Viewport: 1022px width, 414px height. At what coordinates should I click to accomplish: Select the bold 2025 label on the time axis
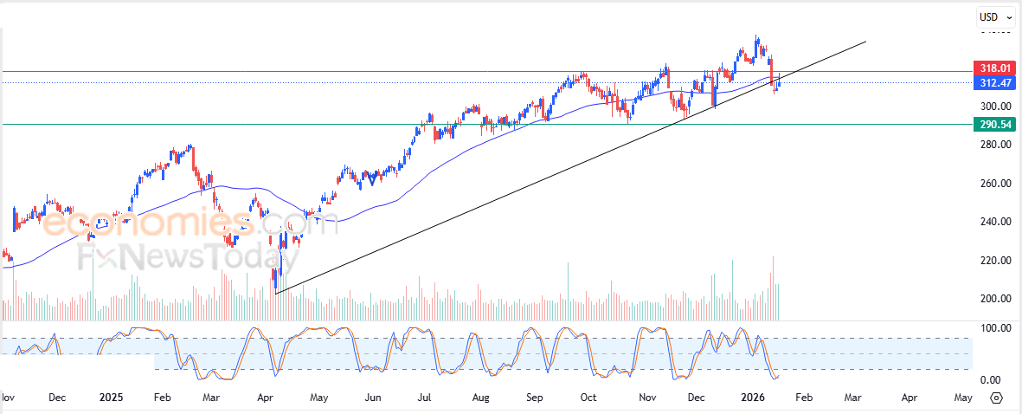pos(111,398)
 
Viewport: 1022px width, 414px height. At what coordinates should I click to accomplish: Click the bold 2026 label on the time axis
pos(752,398)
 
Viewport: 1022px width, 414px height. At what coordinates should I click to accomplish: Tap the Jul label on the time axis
pos(426,398)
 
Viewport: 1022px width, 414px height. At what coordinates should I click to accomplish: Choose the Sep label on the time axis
pos(535,398)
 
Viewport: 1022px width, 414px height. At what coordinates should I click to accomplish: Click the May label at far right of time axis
pos(961,398)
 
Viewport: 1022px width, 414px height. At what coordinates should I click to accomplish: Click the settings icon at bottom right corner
pos(996,398)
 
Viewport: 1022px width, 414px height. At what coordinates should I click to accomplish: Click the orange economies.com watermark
pos(147,223)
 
